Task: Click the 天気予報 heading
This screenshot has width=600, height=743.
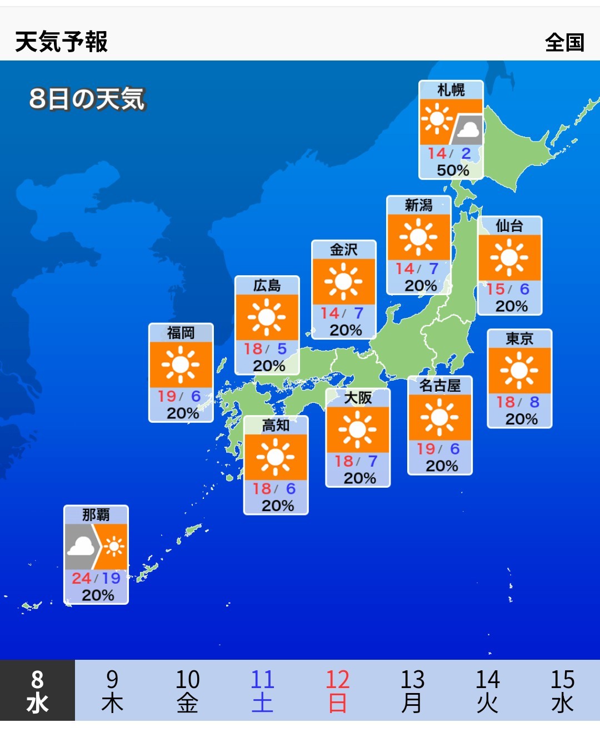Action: point(61,42)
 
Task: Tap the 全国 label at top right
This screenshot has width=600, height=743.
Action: point(564,42)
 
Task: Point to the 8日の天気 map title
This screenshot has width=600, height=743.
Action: point(87,99)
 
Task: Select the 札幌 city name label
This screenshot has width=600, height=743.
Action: point(451,90)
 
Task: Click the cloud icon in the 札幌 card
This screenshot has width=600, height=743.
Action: point(468,130)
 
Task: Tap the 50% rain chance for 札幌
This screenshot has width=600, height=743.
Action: point(453,170)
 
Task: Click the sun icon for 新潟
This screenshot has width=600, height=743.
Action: point(418,237)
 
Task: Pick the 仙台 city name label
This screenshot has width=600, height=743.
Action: point(509,225)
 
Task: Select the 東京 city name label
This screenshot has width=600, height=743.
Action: point(519,338)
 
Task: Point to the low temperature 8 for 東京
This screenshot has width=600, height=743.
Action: point(534,402)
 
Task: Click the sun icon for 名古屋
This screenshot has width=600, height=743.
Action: point(439,417)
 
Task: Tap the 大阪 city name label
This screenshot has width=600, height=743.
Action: point(358,397)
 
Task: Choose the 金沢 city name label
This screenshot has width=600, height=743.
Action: point(343,250)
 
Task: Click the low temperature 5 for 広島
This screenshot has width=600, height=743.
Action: point(282,348)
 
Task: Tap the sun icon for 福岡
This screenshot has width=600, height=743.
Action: point(181,365)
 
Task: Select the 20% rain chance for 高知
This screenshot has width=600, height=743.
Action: point(278,506)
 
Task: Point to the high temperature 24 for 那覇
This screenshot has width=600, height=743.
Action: point(81,578)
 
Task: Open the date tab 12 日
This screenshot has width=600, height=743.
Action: point(337,691)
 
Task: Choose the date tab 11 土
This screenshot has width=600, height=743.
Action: point(262,691)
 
